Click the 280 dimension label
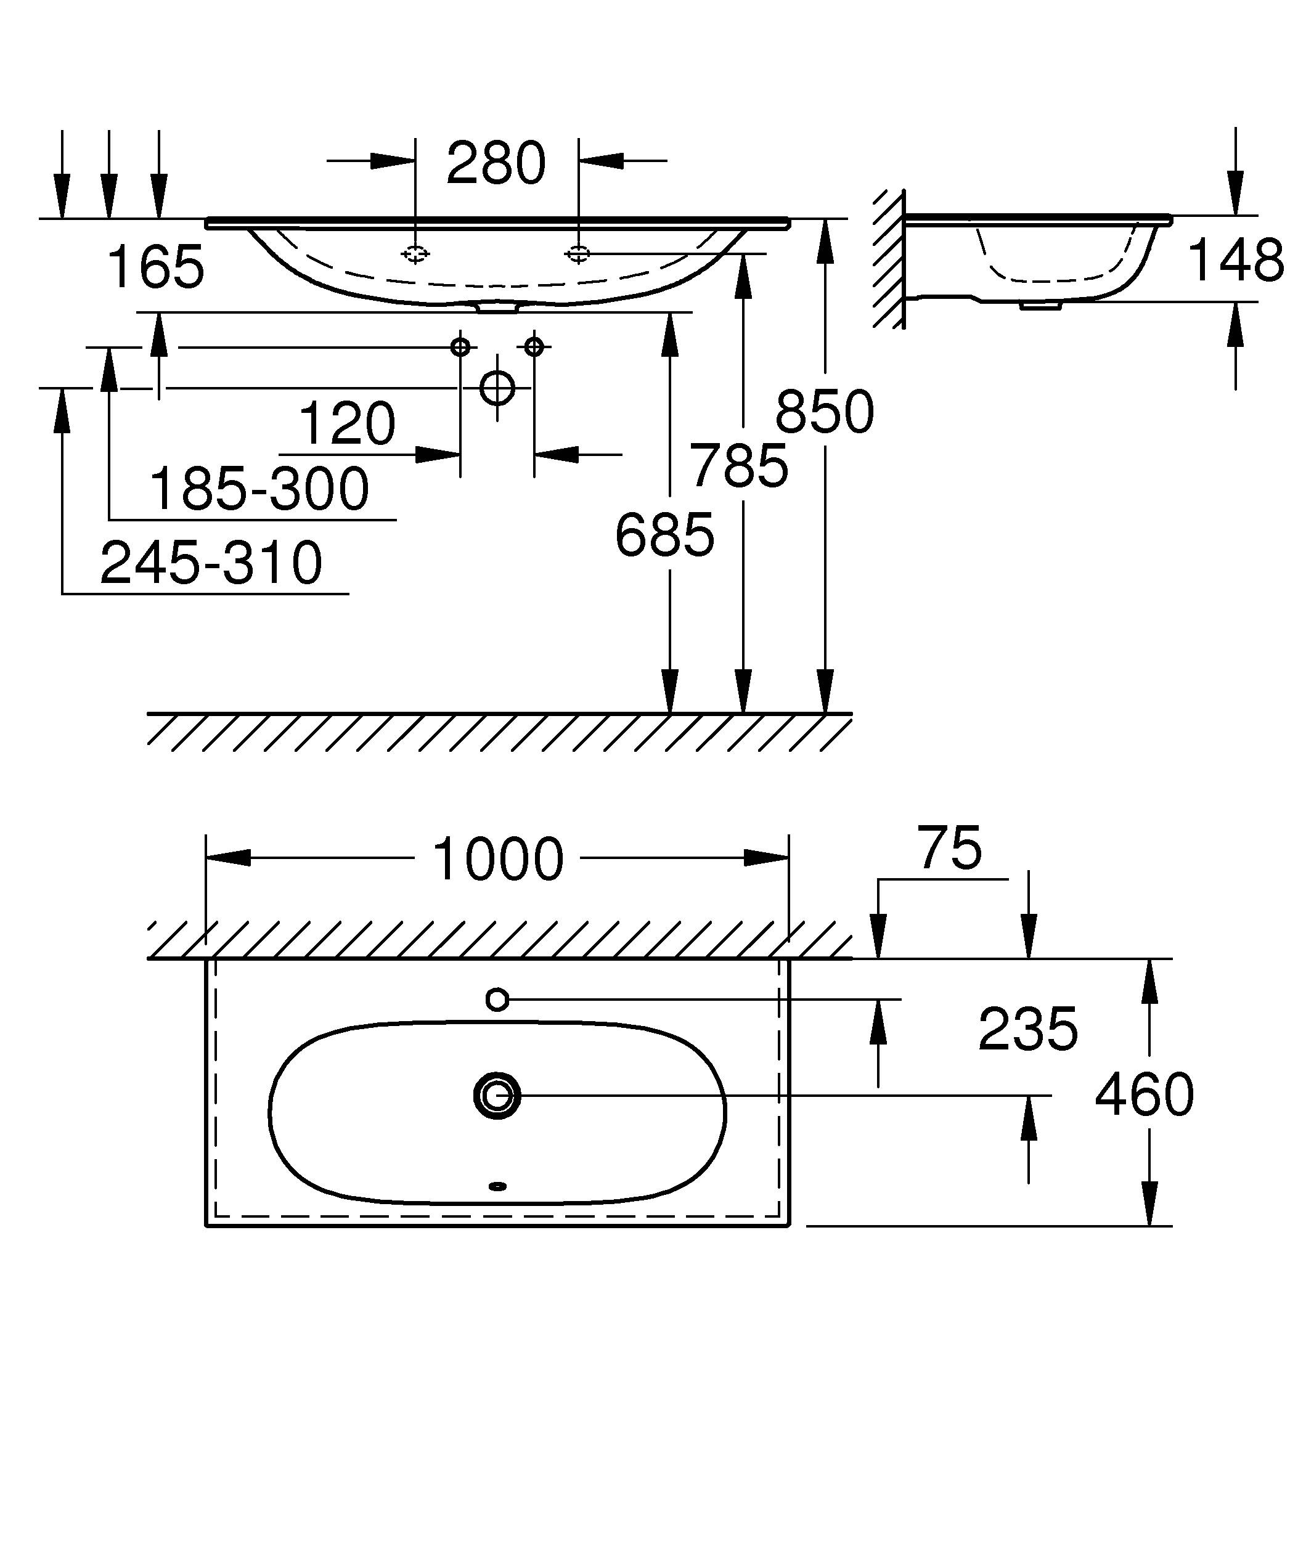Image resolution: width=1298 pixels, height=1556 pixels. coord(496,164)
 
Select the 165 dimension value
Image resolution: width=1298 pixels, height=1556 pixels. coord(155,267)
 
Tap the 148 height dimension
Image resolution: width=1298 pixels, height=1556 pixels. coord(1235,261)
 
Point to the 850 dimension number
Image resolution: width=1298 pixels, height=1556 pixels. coord(825,412)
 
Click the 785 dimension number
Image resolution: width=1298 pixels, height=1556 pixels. coord(738,466)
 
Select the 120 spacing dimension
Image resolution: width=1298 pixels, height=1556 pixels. coord(347,424)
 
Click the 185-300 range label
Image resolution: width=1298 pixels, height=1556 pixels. coord(259,489)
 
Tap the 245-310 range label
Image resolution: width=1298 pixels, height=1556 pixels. coord(211,563)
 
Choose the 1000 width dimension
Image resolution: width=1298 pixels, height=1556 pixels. coord(497,860)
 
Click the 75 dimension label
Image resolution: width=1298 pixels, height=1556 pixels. coord(950,848)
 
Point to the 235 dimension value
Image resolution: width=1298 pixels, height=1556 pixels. coord(1027,1030)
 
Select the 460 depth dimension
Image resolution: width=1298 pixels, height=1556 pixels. coord(1144,1095)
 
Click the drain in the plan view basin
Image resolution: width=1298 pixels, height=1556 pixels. coord(497,1095)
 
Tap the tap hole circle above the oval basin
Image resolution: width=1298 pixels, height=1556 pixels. coord(497,1000)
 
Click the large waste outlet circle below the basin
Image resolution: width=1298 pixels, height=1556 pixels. coord(497,388)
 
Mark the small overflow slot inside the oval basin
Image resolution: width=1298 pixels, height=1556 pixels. coord(498,1186)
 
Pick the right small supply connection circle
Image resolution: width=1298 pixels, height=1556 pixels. coord(534,346)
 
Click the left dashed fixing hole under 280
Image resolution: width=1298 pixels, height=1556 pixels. coord(415,254)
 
